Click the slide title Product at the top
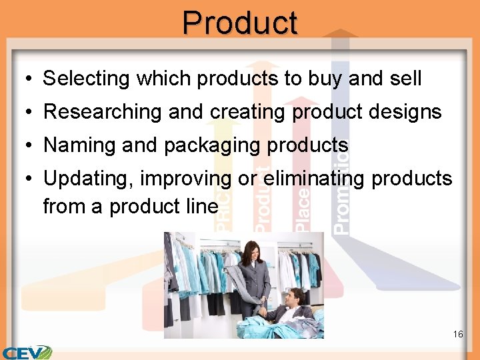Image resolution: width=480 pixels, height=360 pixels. [240, 23]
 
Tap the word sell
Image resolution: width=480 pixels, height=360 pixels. [404, 79]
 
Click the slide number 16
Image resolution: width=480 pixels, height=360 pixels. [457, 334]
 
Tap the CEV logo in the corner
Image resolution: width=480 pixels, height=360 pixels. [27, 352]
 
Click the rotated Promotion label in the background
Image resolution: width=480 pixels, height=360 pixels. [341, 193]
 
